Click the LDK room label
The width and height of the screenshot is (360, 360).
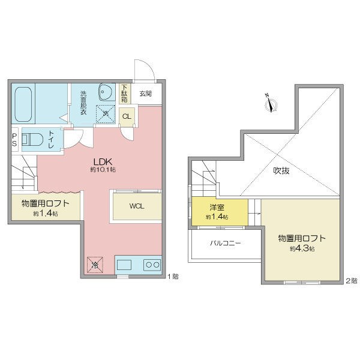(x=103, y=162)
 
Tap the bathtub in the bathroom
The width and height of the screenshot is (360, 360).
(x=23, y=104)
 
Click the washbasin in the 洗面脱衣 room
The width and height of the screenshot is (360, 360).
(x=106, y=92)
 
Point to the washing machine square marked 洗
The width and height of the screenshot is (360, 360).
(x=106, y=113)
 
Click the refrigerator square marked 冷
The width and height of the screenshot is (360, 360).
(x=95, y=265)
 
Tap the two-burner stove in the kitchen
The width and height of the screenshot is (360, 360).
(x=152, y=265)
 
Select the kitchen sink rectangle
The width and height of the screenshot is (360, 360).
(x=124, y=265)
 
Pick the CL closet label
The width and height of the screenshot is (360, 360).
(x=127, y=116)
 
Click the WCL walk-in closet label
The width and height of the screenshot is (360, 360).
(x=137, y=206)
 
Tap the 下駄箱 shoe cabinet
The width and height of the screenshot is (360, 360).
(x=124, y=94)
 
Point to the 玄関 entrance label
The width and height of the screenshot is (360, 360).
(x=146, y=94)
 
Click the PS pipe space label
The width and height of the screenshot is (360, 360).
(x=14, y=140)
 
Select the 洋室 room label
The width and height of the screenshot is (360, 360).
(x=217, y=208)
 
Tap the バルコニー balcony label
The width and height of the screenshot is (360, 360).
(x=226, y=243)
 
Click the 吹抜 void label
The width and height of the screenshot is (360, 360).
(x=281, y=170)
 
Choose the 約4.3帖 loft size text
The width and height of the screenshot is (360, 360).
(x=302, y=248)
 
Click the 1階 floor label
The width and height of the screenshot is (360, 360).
(x=173, y=277)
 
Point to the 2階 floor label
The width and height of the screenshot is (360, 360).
(x=352, y=281)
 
